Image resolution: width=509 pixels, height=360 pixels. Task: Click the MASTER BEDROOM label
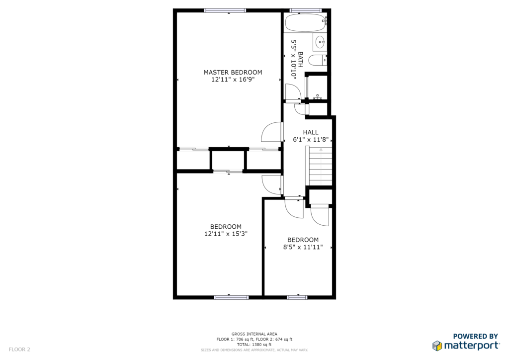(x=233, y=73)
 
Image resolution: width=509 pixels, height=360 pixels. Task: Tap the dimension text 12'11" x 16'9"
(x=233, y=80)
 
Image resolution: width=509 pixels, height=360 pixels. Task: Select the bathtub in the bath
(x=306, y=22)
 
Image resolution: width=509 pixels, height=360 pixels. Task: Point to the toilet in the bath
(x=318, y=60)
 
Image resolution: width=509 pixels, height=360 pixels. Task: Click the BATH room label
(x=300, y=60)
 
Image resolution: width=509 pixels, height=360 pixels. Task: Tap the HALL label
(x=311, y=132)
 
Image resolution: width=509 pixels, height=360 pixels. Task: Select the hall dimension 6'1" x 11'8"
(x=311, y=140)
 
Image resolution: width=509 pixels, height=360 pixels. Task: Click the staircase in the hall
(x=321, y=166)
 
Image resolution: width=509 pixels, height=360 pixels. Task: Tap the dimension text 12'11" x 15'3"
(x=226, y=234)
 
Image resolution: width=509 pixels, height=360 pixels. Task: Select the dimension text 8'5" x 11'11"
(x=303, y=247)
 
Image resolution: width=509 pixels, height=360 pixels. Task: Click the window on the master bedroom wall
(x=225, y=10)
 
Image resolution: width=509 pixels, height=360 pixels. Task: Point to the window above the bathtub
(x=306, y=10)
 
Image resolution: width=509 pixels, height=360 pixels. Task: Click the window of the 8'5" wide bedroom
(x=297, y=297)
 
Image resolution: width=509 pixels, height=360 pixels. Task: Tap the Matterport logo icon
(x=437, y=346)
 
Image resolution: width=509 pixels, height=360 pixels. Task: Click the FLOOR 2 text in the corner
(x=19, y=350)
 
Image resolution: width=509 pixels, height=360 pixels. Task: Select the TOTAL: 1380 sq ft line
(x=254, y=345)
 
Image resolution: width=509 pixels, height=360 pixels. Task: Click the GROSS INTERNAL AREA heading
(x=254, y=334)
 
